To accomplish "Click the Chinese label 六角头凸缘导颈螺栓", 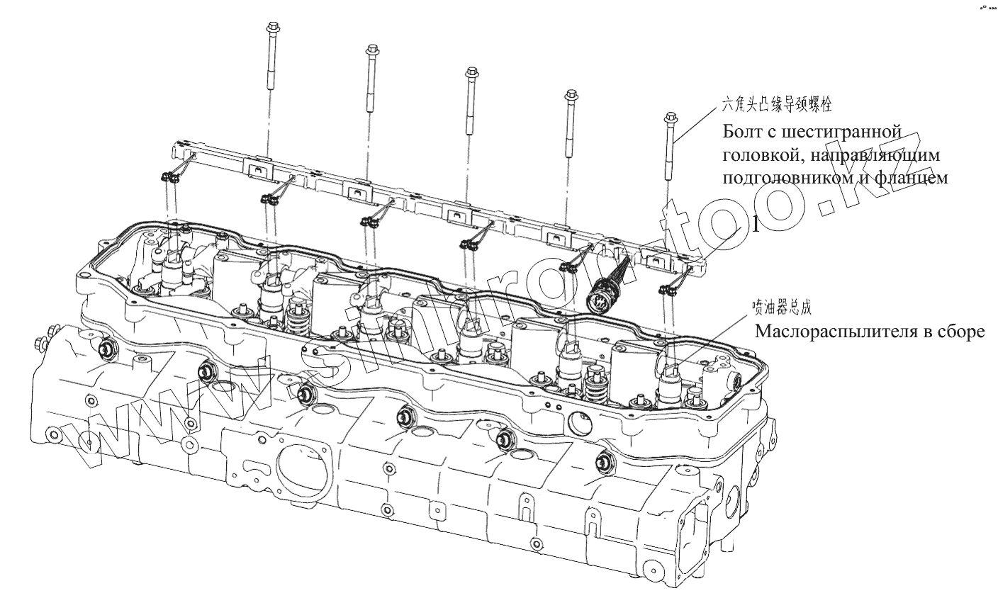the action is [x=775, y=106].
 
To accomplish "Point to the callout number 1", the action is [x=755, y=225].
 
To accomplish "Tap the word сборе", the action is [x=962, y=332].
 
